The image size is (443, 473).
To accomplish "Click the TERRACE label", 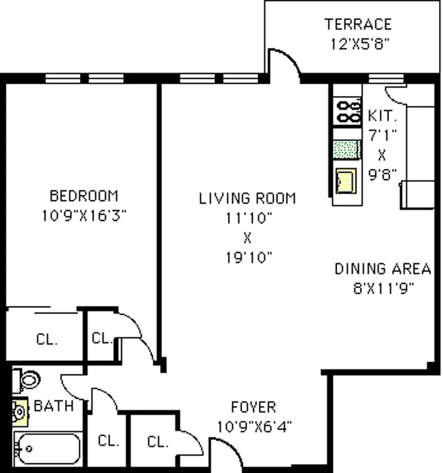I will pos(358,24).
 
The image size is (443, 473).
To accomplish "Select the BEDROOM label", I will pos(84,196).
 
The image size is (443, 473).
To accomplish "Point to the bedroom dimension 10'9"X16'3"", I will pos(84,216).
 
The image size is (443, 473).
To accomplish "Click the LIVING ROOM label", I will pos(247,198).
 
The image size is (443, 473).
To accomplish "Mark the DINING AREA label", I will pos(383,269).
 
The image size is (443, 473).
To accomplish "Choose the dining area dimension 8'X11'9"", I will pos(383,288).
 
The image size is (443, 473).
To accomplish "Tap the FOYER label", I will pos(253,407).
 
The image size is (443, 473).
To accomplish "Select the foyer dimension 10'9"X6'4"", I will pos(253,426).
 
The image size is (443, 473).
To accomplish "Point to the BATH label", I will pos(53,406).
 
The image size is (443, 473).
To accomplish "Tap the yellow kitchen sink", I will pos(345,180).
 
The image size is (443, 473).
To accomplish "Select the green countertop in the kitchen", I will pos(346,150).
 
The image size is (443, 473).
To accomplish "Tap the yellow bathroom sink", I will pos(20,410).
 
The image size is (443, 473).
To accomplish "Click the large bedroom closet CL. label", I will pos(46,340).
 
